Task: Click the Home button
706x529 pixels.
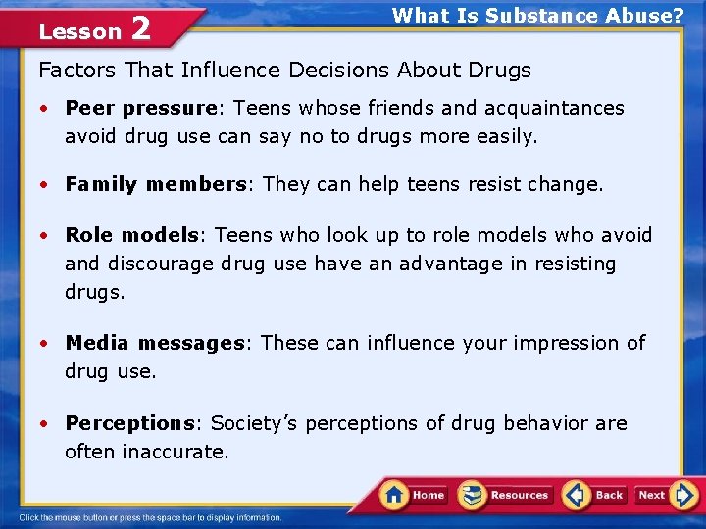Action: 415,495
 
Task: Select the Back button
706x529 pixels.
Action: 595,495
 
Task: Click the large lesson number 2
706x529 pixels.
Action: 140,29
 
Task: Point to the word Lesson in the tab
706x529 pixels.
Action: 79,31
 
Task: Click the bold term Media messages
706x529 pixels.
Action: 154,343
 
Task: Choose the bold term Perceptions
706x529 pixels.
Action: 129,423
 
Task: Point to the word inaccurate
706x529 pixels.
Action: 176,452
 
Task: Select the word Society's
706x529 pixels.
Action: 255,423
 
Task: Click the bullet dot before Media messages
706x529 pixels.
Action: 45,344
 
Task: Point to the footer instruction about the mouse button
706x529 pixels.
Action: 150,517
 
